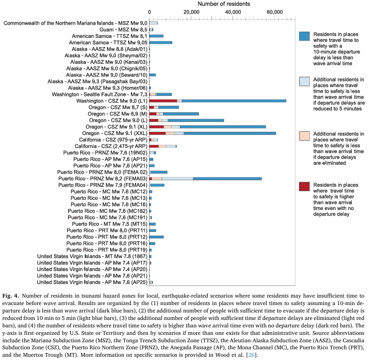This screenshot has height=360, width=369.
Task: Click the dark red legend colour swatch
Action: [x=305, y=186]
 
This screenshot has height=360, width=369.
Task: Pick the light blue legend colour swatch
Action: [x=305, y=81]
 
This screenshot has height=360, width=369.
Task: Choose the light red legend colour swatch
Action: [x=305, y=135]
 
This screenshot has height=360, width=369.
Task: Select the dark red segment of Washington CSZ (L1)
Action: [x=164, y=101]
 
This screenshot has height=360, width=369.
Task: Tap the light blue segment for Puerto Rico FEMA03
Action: [x=178, y=178]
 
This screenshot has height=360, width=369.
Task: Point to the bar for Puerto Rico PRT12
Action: [x=157, y=237]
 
